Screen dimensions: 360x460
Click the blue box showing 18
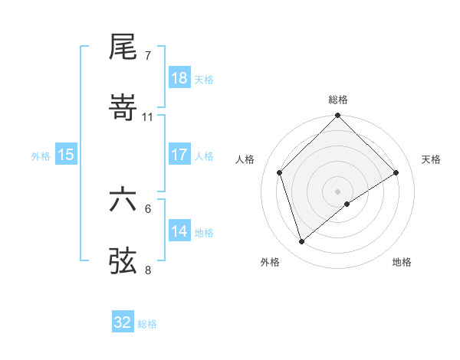click(179, 78)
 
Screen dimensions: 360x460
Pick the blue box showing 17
click(179, 155)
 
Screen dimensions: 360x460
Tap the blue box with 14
click(179, 231)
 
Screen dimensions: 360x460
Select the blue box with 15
click(66, 155)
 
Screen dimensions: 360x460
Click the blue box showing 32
click(123, 322)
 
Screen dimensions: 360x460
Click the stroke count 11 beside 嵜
click(148, 117)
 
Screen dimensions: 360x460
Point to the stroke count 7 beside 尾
click(148, 56)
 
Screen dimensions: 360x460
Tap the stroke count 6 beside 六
click(148, 208)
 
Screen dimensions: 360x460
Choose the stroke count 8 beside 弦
click(148, 270)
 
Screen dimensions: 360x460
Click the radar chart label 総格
click(338, 100)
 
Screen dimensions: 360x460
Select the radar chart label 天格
click(432, 159)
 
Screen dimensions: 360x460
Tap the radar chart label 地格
click(402, 262)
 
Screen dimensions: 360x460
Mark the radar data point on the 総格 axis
click(338, 116)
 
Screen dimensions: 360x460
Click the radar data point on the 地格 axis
click(347, 204)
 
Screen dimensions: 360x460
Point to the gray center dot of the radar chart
click(338, 191)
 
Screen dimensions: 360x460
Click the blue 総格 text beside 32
click(147, 324)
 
